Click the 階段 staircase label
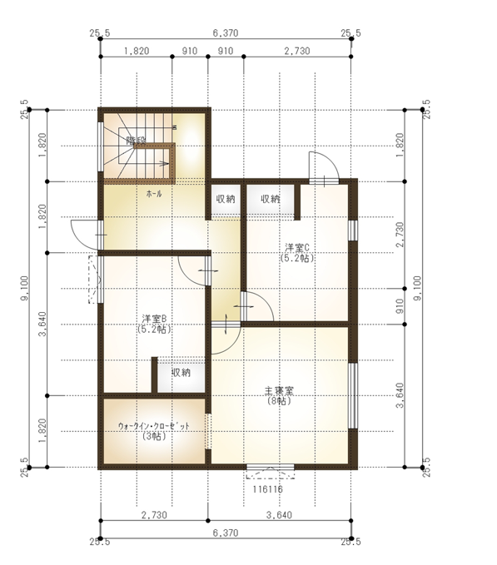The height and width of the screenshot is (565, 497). [136, 141]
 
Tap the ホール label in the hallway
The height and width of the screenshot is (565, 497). [154, 193]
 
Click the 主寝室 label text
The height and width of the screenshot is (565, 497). [279, 390]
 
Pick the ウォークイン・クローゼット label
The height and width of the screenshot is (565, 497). [154, 425]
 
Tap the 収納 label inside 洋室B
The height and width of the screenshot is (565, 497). [181, 373]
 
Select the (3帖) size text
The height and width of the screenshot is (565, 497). [154, 436]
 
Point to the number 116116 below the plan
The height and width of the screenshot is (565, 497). [267, 490]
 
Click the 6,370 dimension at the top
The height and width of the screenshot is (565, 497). [225, 33]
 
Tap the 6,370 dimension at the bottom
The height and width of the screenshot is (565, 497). [225, 532]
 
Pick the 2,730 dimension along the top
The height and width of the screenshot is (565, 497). [297, 51]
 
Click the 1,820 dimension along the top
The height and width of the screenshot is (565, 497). [137, 51]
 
